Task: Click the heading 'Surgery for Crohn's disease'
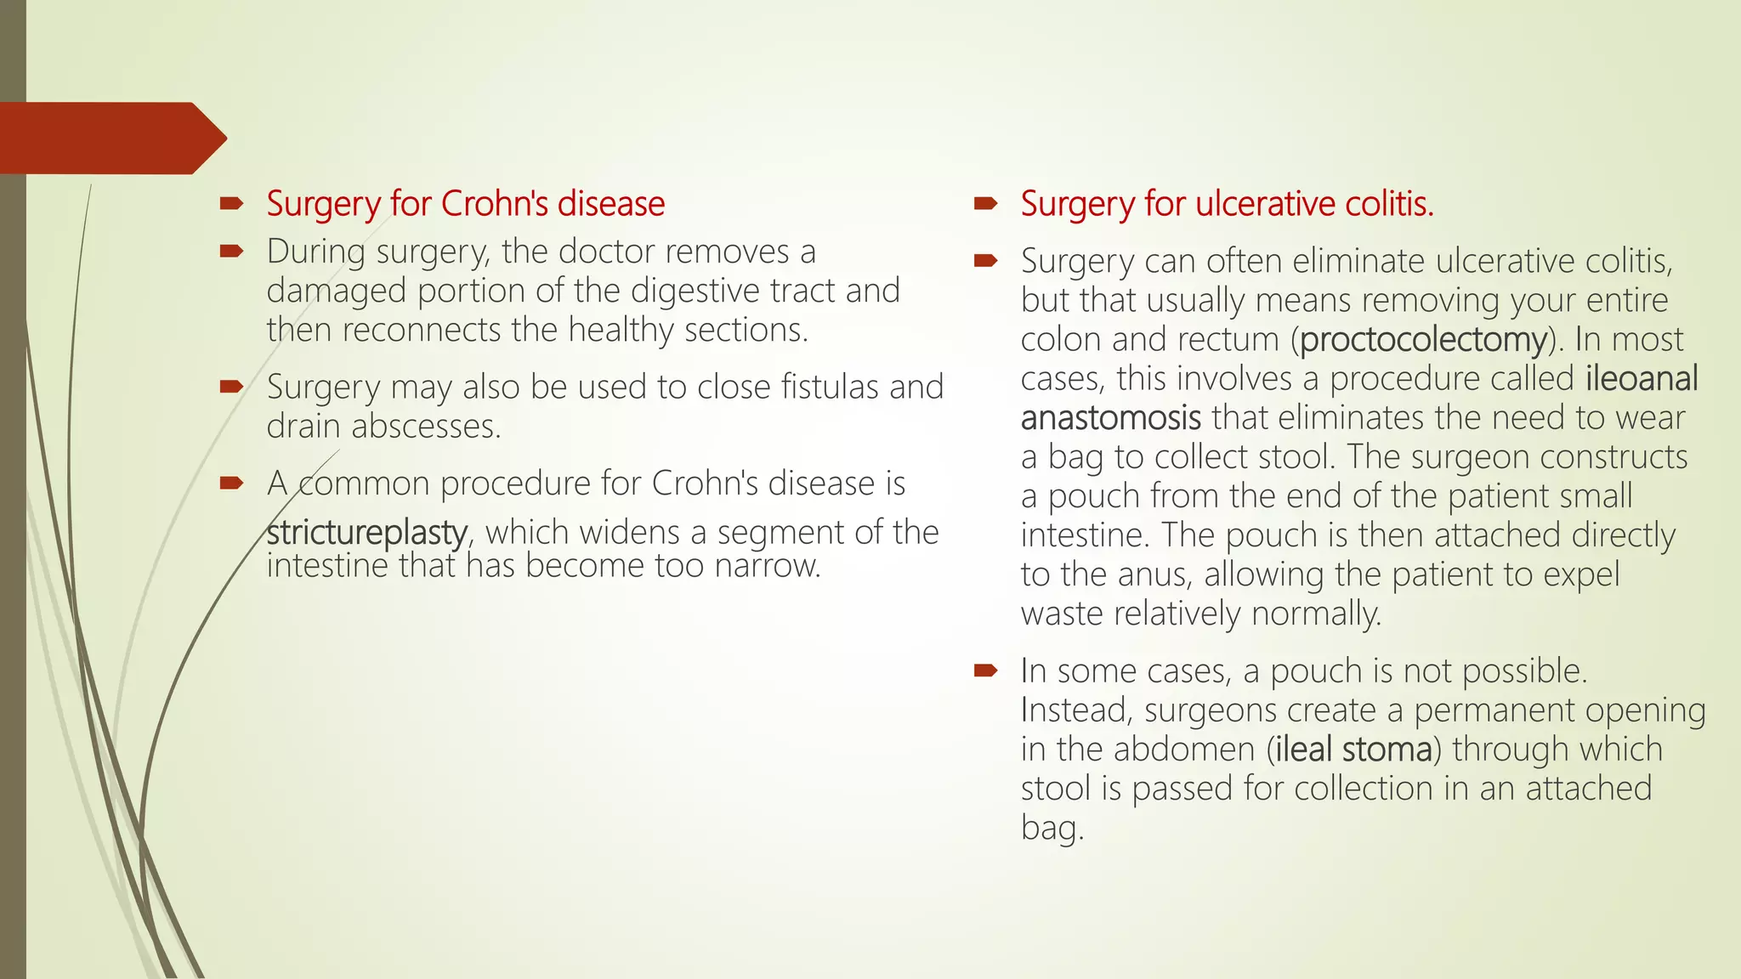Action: click(x=465, y=204)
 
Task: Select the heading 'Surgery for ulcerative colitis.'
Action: click(x=1227, y=204)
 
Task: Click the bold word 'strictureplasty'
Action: click(x=366, y=533)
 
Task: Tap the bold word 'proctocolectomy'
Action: click(x=1423, y=340)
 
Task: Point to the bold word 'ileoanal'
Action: click(x=1642, y=379)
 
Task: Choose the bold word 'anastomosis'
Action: click(x=1110, y=418)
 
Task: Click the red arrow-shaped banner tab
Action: click(x=111, y=138)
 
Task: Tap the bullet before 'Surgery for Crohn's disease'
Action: click(x=231, y=203)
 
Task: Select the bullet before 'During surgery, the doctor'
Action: click(x=231, y=251)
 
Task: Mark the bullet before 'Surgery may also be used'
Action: click(x=231, y=387)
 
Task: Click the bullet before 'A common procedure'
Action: click(x=231, y=483)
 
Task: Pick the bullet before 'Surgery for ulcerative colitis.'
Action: click(x=985, y=203)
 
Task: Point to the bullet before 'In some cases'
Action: click(x=985, y=671)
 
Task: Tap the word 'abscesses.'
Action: click(x=426, y=427)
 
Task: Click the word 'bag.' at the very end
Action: click(x=1052, y=828)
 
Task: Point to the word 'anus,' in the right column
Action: click(x=1155, y=575)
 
